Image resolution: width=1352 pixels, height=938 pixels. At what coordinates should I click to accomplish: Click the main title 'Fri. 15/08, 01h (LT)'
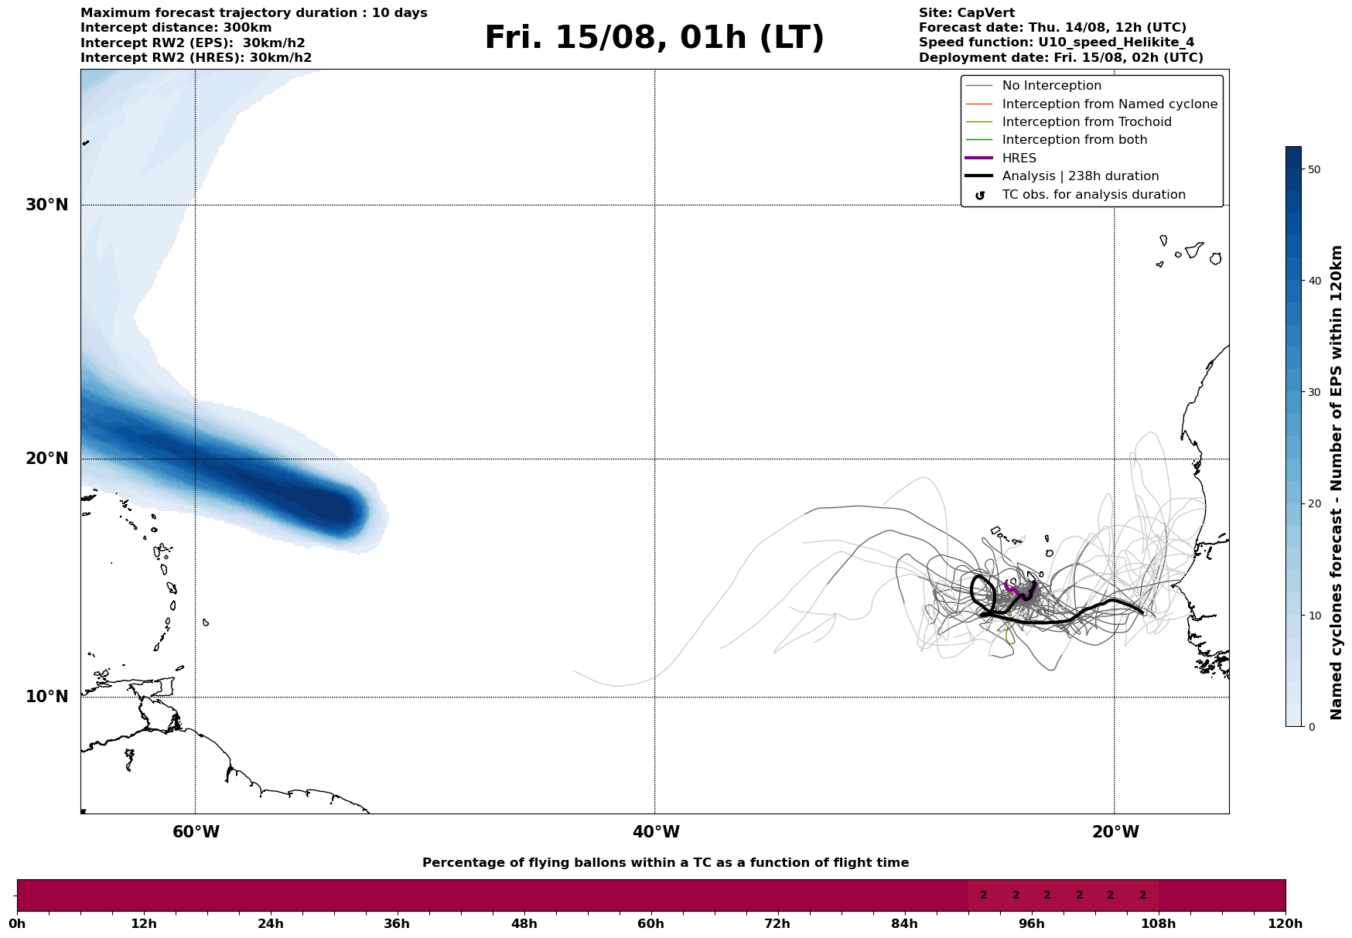(654, 38)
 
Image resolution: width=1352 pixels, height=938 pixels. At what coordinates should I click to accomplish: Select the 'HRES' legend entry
(1019, 159)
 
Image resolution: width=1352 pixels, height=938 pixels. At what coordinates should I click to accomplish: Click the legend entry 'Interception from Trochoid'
(1086, 122)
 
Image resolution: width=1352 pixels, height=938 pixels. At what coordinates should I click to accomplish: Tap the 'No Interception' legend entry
(1051, 86)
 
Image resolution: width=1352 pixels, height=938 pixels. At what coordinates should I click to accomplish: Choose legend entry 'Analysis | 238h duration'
(1080, 176)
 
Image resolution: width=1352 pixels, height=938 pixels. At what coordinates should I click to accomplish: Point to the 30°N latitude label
(47, 205)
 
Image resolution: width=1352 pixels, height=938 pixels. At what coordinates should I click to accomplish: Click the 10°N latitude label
(47, 697)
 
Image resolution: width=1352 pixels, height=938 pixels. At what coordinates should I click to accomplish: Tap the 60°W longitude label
(196, 832)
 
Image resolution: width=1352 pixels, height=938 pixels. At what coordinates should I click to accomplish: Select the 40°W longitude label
(656, 832)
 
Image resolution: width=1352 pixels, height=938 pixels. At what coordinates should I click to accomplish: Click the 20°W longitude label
(1115, 832)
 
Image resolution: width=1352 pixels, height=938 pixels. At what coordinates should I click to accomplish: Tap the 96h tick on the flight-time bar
(1032, 923)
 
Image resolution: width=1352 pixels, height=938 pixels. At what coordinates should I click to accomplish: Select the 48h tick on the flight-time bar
(524, 923)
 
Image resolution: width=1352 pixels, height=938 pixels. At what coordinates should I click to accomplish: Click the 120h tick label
(1285, 923)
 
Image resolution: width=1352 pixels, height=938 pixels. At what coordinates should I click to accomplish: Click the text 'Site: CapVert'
(967, 13)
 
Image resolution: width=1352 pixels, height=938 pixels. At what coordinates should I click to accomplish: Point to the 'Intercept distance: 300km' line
(176, 28)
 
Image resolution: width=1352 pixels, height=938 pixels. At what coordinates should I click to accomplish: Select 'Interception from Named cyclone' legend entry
(1109, 104)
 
